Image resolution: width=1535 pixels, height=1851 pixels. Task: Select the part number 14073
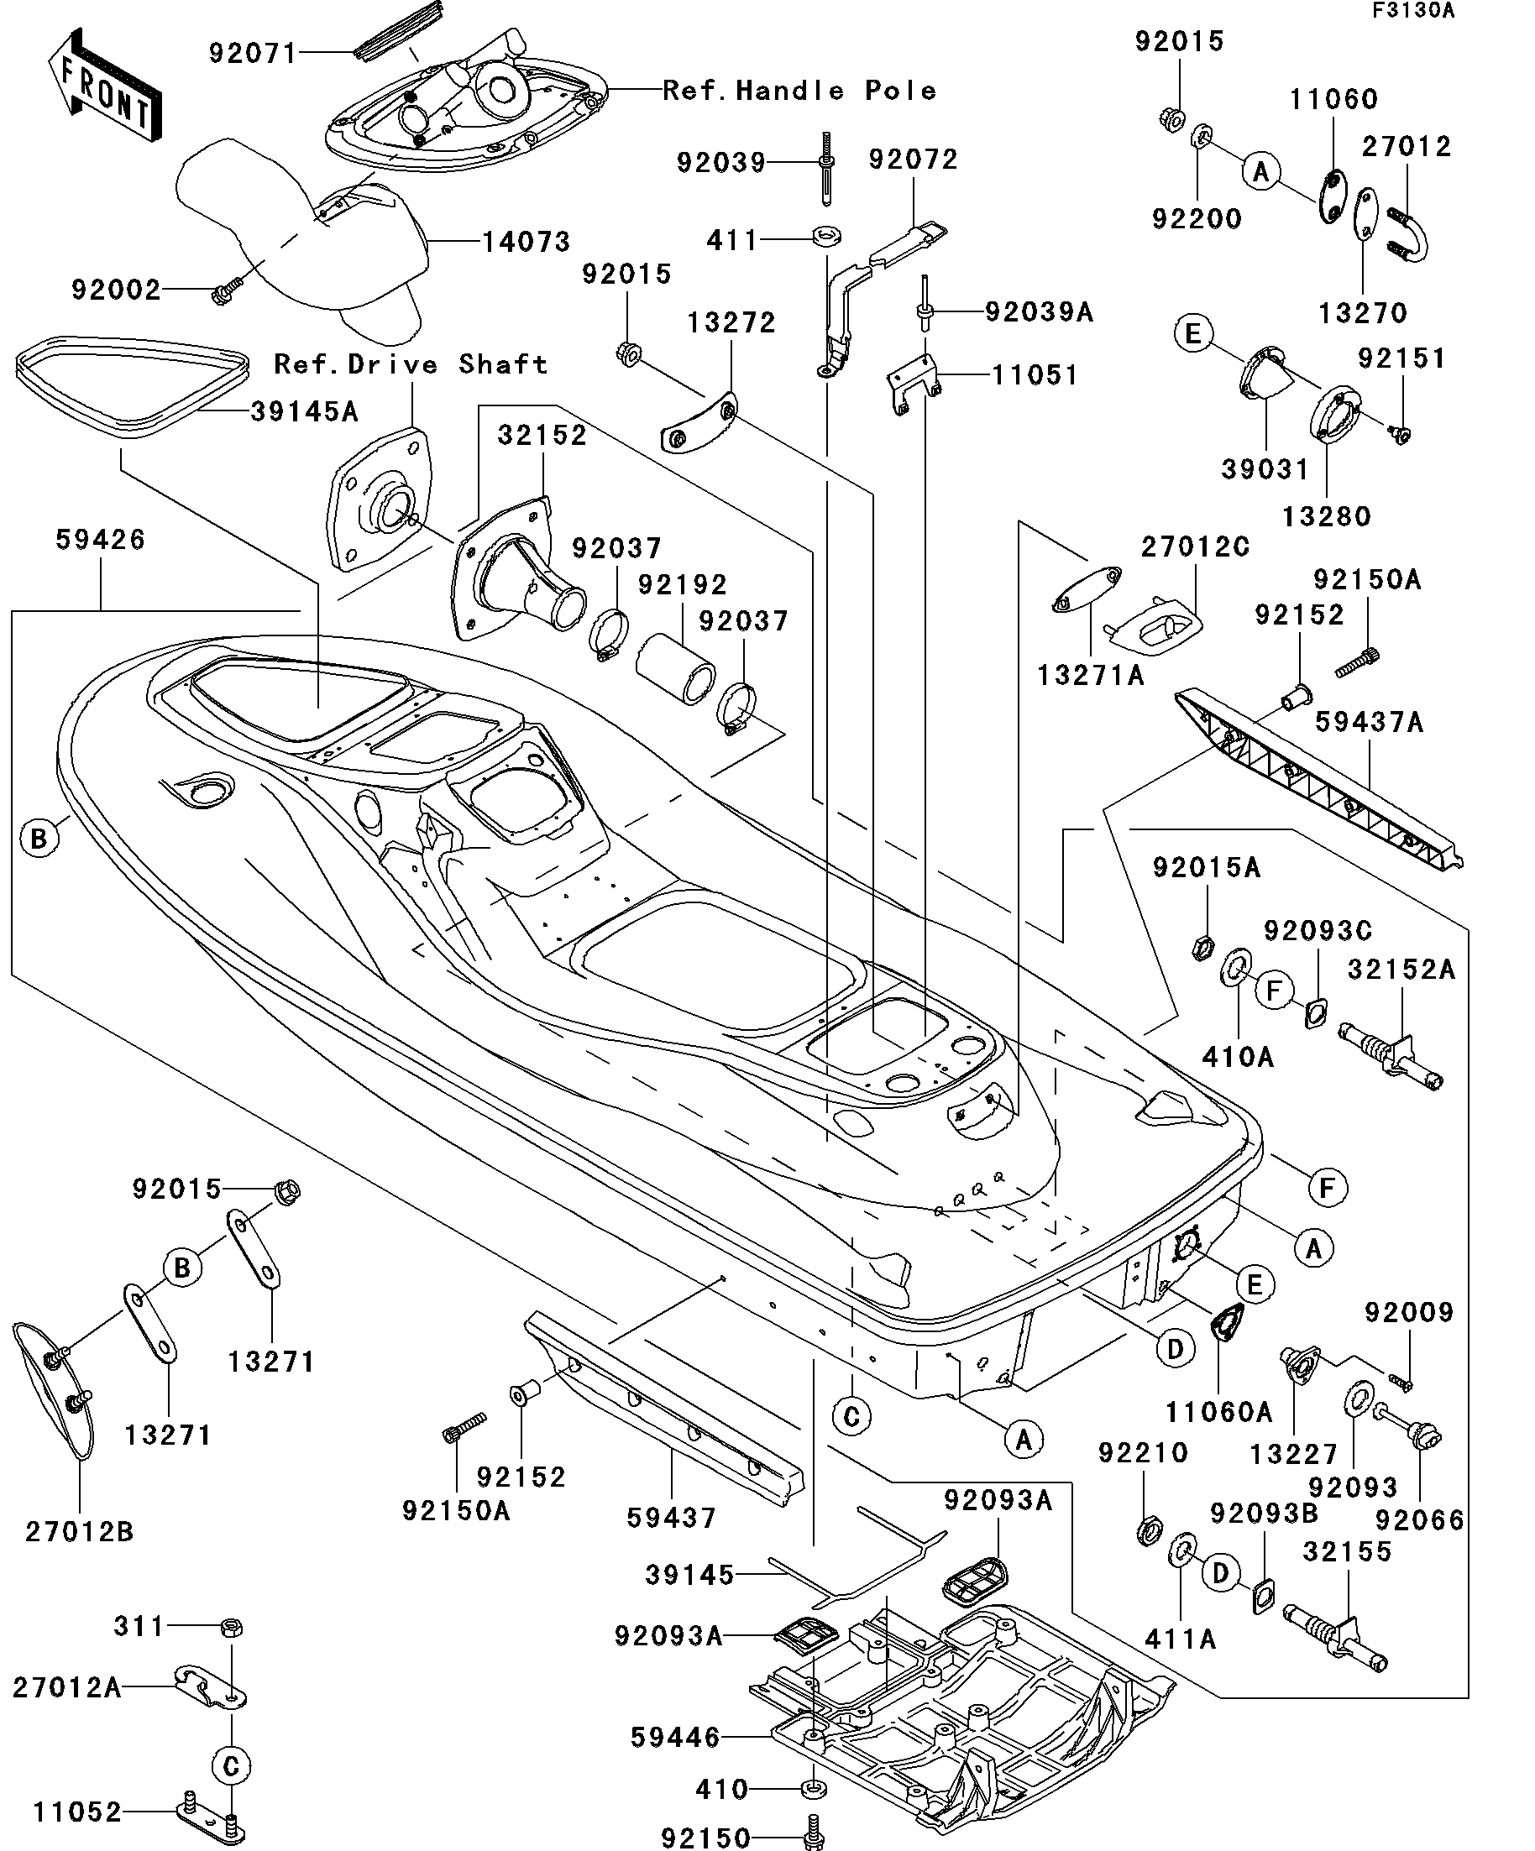527,242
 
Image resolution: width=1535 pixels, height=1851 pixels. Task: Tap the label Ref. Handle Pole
799,90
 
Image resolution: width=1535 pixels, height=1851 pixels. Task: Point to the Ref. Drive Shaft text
411,364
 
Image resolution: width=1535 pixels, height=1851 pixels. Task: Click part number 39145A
304,411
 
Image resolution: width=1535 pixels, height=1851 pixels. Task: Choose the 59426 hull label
101,540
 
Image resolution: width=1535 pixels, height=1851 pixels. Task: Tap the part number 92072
913,159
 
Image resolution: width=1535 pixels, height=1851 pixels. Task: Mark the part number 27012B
79,1532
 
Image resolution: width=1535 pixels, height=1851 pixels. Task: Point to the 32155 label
1347,1550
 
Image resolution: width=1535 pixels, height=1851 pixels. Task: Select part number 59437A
1370,722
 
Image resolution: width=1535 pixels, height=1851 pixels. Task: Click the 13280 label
1326,516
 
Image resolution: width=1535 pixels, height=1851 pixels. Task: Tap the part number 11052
77,1812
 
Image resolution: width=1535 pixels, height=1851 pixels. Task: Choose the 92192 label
683,584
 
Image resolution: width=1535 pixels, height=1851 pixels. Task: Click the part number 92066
1419,1519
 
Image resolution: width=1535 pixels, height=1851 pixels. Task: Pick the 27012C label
1195,547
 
